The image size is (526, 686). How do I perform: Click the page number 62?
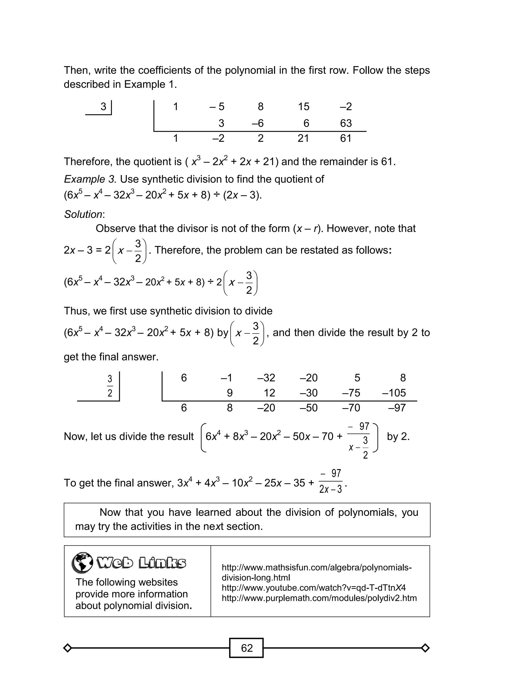[246, 647]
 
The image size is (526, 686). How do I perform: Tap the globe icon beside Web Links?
[82, 563]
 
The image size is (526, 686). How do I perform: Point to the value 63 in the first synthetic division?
[346, 123]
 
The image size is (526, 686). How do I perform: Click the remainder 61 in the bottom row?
[346, 138]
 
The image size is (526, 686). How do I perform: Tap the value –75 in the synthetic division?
[351, 392]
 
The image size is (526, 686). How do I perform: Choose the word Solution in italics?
[83, 214]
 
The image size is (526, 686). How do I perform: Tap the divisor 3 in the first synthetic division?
[103, 107]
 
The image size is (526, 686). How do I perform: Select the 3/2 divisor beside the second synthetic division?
[110, 386]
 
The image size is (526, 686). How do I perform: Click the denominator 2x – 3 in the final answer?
[330, 489]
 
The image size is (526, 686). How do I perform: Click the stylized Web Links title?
[141, 563]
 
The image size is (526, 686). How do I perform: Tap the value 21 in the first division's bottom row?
[303, 138]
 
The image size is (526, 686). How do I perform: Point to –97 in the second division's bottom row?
[397, 408]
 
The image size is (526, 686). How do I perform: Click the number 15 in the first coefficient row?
[303, 107]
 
